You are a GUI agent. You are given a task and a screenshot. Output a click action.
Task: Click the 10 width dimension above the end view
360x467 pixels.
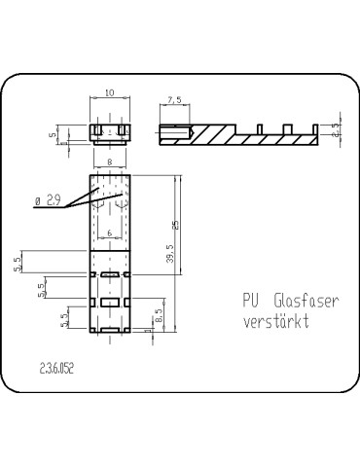(109, 93)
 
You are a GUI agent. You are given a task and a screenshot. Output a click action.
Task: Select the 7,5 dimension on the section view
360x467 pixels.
(174, 100)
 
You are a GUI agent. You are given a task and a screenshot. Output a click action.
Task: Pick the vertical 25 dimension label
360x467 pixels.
(175, 226)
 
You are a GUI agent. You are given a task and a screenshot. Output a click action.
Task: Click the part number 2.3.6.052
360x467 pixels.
(57, 369)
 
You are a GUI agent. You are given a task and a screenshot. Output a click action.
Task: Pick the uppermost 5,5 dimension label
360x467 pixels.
(18, 263)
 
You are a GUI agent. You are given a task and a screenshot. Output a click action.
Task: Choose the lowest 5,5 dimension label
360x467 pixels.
(65, 318)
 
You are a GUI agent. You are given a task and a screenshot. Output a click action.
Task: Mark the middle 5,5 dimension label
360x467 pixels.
(41, 290)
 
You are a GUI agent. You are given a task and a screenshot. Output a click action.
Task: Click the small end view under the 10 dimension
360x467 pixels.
(109, 131)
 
